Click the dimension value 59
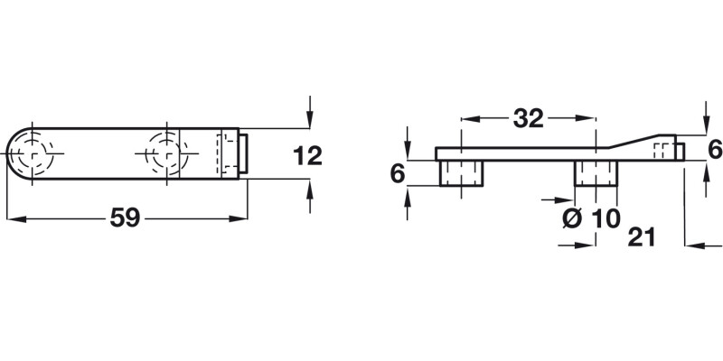pyautogui.click(x=125, y=218)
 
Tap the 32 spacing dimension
pyautogui.click(x=528, y=118)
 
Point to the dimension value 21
pyautogui.click(x=640, y=237)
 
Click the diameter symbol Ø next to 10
pyautogui.click(x=569, y=219)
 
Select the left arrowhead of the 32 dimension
pyautogui.click(x=466, y=118)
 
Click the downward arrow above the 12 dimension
pyautogui.click(x=309, y=120)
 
